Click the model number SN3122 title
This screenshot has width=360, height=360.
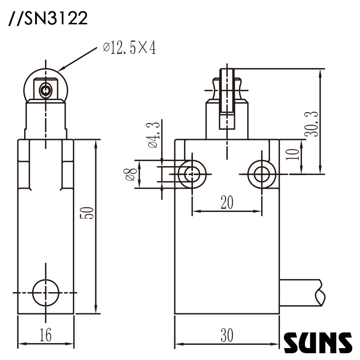tap(48, 19)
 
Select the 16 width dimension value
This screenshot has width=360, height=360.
tap(45, 335)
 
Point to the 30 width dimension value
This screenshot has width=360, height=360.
tap(227, 336)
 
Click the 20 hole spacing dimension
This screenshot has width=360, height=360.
tap(227, 203)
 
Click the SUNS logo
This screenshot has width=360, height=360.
tap(318, 343)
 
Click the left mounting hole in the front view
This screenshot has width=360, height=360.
tap(192, 173)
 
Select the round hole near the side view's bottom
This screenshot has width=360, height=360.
tap(45, 293)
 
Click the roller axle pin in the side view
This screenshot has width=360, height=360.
tap(45, 90)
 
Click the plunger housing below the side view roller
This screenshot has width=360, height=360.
tap(45, 121)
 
